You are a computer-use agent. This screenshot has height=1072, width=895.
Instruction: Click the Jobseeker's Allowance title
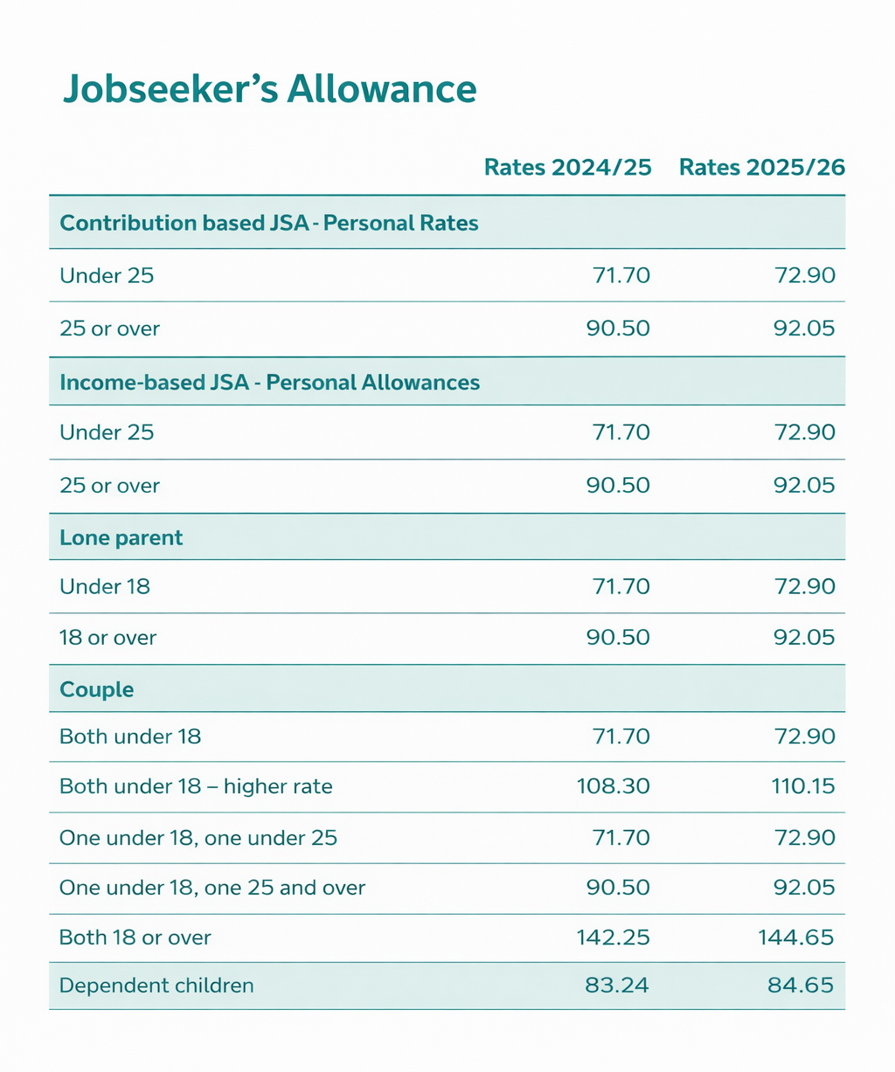[269, 90]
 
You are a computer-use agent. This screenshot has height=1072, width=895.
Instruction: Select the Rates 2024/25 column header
[568, 168]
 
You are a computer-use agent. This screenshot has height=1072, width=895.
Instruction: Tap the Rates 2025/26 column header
[761, 168]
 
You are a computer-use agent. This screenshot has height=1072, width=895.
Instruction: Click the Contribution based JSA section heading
[269, 223]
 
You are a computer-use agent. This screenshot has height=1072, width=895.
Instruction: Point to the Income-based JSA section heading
[269, 382]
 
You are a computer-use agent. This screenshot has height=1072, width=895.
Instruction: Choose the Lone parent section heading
[121, 537]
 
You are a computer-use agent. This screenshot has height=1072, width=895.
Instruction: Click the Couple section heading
[97, 689]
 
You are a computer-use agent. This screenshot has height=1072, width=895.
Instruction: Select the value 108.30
[614, 786]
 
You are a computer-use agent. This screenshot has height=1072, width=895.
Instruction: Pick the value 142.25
[614, 937]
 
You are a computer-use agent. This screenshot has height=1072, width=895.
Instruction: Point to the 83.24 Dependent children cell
[617, 986]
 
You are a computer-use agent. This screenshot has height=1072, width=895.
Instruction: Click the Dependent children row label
[156, 986]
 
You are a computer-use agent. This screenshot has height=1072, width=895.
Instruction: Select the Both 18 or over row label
[135, 937]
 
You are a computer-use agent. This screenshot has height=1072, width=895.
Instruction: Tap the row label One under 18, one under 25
[198, 838]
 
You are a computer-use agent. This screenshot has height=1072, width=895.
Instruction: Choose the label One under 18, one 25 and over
[212, 888]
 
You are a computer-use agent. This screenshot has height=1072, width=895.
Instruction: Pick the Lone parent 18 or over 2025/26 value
[805, 638]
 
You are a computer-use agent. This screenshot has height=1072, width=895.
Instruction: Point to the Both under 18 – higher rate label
[196, 786]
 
